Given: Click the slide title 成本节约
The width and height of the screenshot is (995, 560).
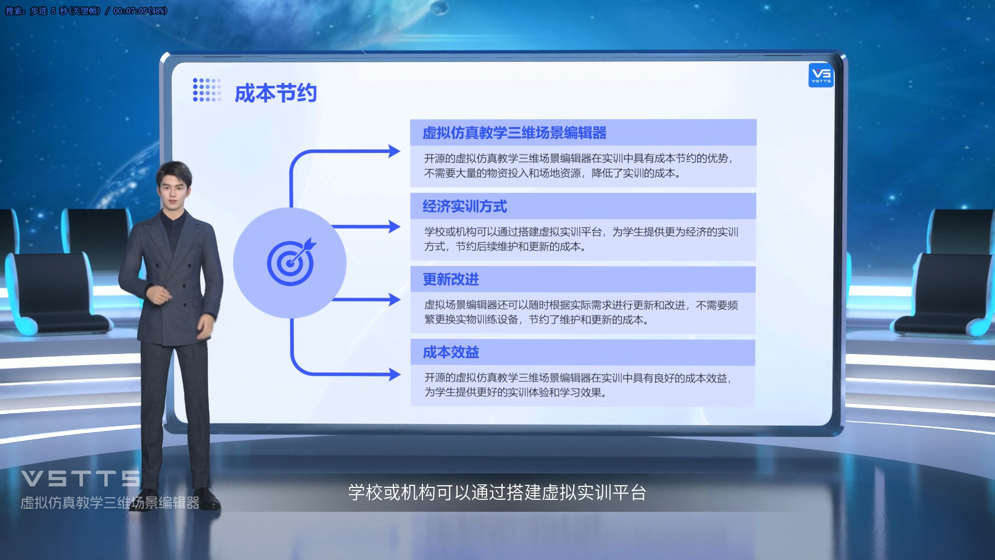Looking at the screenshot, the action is click(275, 93).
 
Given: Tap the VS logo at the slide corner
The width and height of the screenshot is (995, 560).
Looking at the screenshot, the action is click(821, 75).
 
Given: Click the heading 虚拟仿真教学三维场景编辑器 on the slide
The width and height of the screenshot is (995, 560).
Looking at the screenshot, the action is click(514, 133).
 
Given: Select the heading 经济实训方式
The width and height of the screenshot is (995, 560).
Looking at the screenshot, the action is click(464, 206).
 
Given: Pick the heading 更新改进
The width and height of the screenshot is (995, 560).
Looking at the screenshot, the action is click(451, 279).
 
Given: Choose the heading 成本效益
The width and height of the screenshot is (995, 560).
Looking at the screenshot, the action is click(451, 353).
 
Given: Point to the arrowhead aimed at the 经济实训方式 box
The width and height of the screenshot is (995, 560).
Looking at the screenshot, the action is click(394, 227).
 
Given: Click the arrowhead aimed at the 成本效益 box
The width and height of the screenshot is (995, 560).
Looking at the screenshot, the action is click(394, 374).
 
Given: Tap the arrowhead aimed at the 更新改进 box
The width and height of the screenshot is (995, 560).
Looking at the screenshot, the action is click(394, 300).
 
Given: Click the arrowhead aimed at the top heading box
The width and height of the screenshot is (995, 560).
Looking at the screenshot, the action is click(394, 151).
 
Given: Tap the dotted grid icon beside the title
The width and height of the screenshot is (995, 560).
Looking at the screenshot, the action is click(207, 90).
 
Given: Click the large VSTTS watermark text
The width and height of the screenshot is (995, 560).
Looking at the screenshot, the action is click(81, 479).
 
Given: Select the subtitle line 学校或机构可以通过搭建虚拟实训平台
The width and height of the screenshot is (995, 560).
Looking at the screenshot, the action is click(497, 493).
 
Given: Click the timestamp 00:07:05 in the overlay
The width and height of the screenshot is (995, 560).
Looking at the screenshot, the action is click(130, 11).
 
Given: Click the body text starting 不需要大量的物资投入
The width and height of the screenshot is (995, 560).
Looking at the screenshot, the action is click(552, 173).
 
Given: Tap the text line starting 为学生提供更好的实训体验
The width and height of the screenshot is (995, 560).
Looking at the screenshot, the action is click(516, 393).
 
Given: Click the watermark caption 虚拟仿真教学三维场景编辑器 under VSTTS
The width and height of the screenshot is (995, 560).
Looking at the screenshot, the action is click(110, 503).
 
